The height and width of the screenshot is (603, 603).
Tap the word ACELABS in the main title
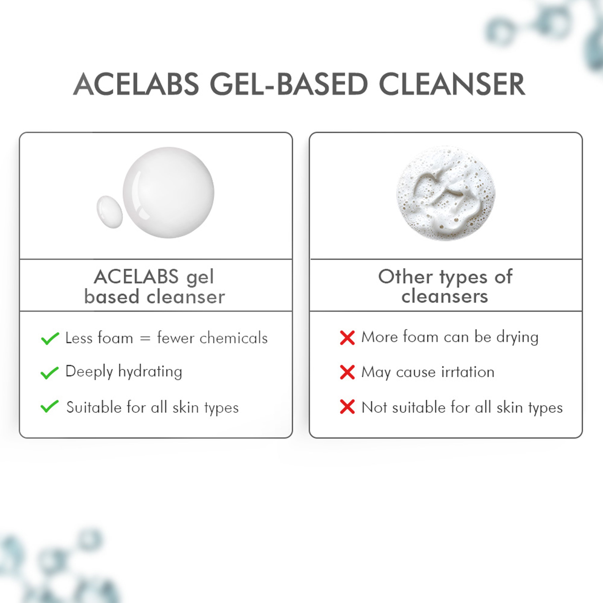click(136, 84)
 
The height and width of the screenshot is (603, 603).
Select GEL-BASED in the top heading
click(289, 84)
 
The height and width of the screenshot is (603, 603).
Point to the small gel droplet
click(110, 212)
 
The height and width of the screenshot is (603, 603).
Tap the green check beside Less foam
click(50, 338)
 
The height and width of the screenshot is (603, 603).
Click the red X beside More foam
click(347, 338)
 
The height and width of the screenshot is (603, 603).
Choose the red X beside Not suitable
click(347, 407)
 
